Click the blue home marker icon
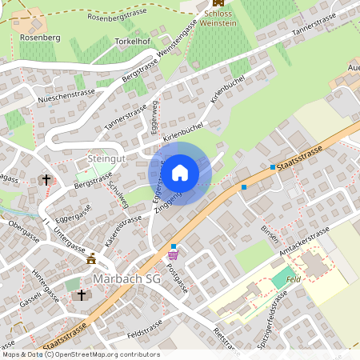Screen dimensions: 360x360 coord(180,173)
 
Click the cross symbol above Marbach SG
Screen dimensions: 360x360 coord(80,295)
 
